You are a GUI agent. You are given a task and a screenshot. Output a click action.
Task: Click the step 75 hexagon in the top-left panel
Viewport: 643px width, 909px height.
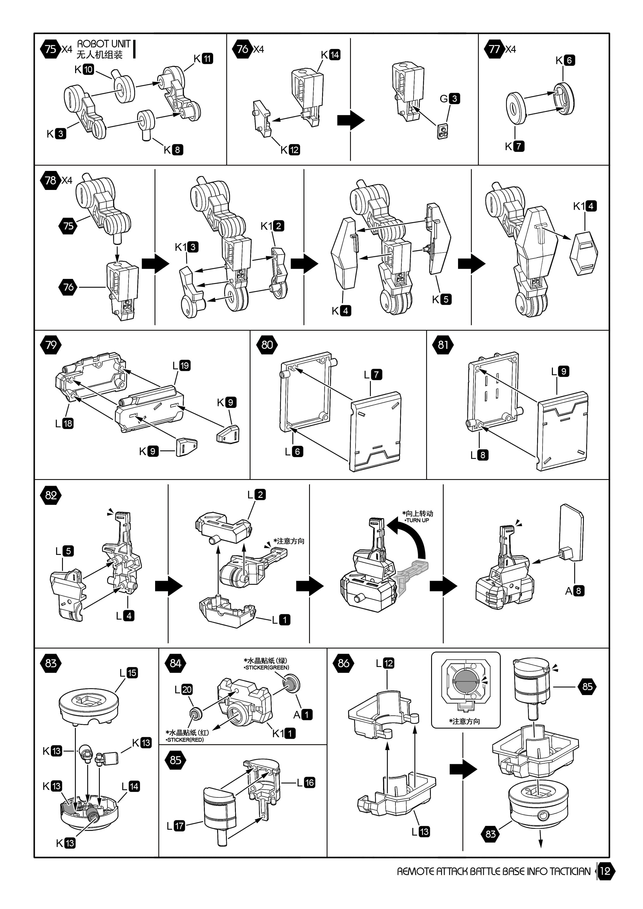point(50,49)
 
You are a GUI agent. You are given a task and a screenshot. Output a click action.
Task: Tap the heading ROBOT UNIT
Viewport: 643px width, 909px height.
point(104,44)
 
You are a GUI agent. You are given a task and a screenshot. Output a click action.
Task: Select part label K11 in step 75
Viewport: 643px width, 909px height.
point(203,59)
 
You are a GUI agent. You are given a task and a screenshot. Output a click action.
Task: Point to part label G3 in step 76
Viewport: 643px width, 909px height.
point(450,99)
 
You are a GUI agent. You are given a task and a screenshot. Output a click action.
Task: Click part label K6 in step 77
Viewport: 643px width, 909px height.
point(565,60)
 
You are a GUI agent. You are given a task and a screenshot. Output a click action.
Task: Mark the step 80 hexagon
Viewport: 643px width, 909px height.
point(267,344)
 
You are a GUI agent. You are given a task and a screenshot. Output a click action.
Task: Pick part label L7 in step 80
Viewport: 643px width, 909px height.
point(373,374)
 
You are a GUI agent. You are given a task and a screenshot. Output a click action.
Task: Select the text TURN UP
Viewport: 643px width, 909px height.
point(417,520)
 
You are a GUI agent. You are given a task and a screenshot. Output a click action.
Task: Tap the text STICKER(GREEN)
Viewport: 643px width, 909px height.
point(267,668)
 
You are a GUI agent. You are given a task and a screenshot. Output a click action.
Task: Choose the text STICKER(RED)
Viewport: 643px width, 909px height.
point(185,740)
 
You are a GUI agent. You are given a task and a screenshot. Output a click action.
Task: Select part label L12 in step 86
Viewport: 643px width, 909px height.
point(385,663)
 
